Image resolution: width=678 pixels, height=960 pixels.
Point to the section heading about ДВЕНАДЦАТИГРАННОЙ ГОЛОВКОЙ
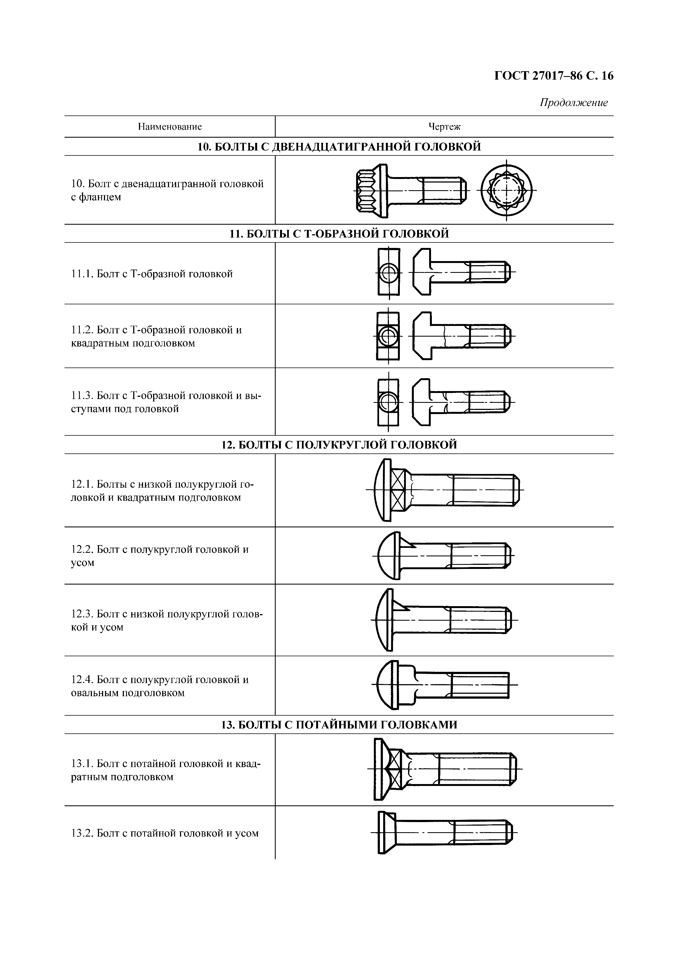(339, 147)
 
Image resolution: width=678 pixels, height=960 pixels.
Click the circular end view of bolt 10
(506, 190)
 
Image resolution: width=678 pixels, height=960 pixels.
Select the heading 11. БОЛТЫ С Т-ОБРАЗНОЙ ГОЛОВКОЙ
(339, 234)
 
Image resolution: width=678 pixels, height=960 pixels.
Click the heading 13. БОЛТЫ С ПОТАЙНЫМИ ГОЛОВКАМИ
(339, 725)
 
